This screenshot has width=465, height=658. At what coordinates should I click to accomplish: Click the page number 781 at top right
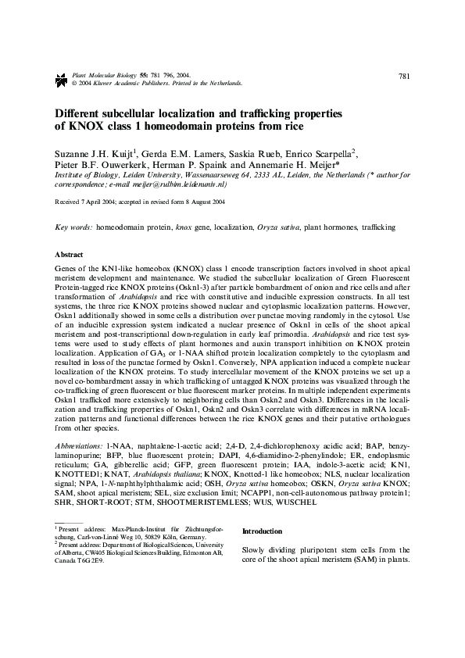404,76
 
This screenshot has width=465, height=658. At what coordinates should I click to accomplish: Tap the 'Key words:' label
74,227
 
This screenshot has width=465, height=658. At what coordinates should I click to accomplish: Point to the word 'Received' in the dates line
69,201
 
